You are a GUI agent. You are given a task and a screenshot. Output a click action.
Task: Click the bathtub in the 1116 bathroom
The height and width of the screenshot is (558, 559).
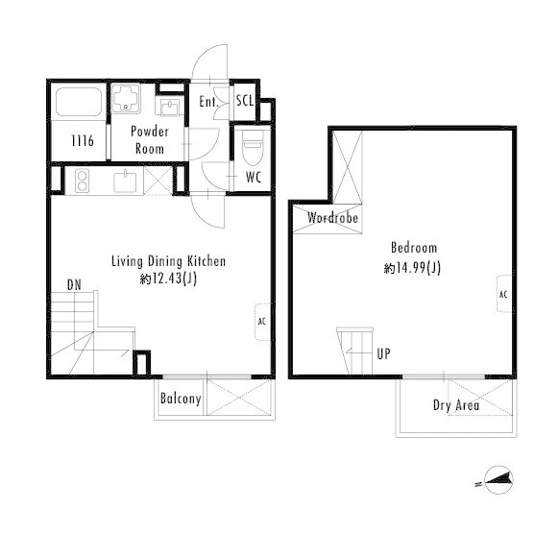tap(79, 102)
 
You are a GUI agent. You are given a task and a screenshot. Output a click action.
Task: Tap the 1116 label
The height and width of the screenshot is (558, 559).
tap(83, 141)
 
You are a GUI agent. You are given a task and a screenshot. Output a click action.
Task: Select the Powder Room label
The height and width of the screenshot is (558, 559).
tap(150, 140)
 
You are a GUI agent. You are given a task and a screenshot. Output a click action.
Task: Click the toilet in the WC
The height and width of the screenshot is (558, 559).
tap(253, 147)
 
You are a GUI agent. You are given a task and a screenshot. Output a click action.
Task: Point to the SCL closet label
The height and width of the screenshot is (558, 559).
tap(245, 101)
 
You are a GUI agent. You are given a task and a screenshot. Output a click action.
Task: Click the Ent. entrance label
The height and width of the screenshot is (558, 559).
tap(208, 102)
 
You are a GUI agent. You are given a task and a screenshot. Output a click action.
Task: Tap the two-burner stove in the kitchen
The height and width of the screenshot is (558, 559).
tap(82, 181)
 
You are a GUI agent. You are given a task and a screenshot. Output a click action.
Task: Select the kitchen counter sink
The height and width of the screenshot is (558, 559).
tap(125, 182)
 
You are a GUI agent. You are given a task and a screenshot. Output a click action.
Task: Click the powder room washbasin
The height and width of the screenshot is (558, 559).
tap(170, 107)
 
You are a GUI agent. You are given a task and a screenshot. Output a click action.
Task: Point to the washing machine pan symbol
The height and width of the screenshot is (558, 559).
tap(126, 98)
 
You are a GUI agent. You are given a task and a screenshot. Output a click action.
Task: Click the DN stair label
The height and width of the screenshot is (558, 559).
tap(74, 285)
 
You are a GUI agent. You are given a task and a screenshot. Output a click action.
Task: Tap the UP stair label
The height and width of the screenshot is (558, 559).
tap(383, 353)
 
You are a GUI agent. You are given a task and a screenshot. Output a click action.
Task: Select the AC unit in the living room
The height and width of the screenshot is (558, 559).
tap(263, 322)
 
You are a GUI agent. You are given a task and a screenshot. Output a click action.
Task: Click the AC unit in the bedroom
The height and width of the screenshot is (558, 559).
tap(504, 294)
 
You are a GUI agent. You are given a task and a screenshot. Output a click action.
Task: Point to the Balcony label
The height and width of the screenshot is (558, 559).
tap(181, 399)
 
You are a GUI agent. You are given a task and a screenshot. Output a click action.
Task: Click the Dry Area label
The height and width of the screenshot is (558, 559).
tap(456, 405)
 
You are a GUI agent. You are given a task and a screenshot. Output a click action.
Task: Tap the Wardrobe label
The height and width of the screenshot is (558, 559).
tap(332, 217)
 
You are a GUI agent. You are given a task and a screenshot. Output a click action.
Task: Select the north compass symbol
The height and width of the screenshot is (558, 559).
tap(498, 480)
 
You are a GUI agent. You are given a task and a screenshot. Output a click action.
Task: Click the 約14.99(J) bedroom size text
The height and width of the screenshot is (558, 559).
tap(412, 267)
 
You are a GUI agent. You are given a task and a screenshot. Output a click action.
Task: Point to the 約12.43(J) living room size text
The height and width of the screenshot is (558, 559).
tap(168, 279)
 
